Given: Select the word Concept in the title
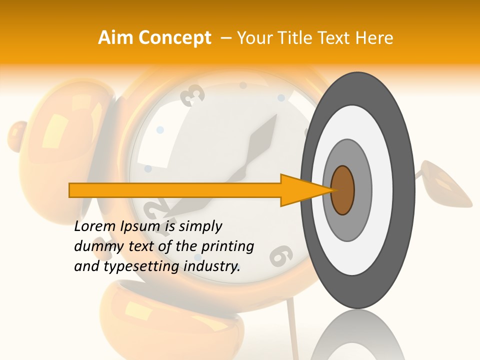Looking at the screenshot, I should coord(174,38).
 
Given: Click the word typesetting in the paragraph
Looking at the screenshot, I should coord(141,266).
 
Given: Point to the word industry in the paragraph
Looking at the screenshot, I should coord(212,266).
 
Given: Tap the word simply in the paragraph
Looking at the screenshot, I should coord(200,226).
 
